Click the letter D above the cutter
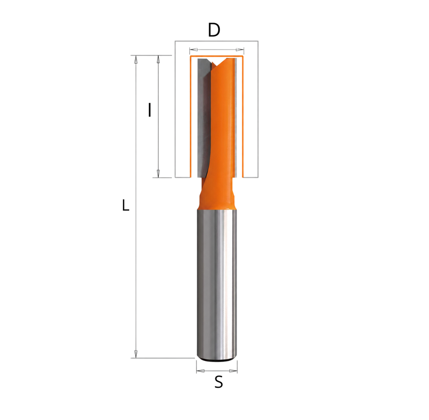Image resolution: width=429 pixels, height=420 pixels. pos(214,30)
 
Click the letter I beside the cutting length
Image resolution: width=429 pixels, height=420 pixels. pos(149,110)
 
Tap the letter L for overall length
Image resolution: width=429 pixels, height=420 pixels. pos(125,205)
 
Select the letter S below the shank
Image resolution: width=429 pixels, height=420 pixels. pos(219,382)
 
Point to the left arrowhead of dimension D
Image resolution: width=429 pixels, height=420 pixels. pos(193,50)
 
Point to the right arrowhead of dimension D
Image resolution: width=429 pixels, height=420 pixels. pos(240,50)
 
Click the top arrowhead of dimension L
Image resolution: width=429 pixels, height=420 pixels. pos(136,60)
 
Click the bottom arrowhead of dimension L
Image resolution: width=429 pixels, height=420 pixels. pos(136,354)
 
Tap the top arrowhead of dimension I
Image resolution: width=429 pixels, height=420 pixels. pos(158,60)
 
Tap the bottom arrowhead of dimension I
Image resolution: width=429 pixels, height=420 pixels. pos(158,174)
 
